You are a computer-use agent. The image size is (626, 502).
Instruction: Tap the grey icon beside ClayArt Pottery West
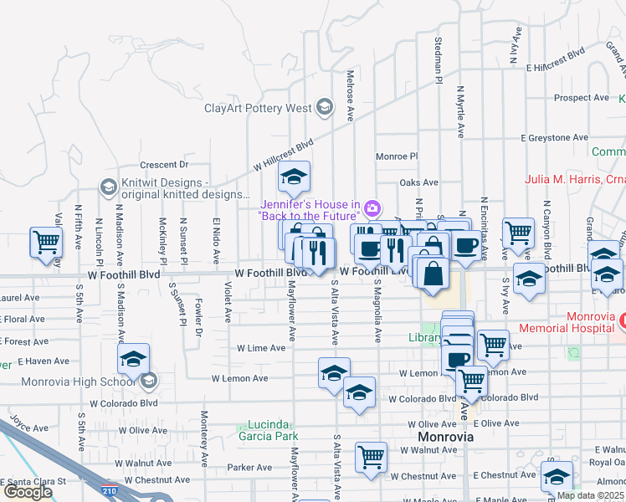323,107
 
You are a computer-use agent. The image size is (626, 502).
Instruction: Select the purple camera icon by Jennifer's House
372,207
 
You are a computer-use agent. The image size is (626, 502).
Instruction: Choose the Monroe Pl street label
397,156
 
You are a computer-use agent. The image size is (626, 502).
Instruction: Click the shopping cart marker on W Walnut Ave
371,457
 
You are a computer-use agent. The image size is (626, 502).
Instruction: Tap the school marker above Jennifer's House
294,177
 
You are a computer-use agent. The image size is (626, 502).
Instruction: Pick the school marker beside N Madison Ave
133,359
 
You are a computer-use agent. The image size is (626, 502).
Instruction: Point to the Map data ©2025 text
591,495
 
